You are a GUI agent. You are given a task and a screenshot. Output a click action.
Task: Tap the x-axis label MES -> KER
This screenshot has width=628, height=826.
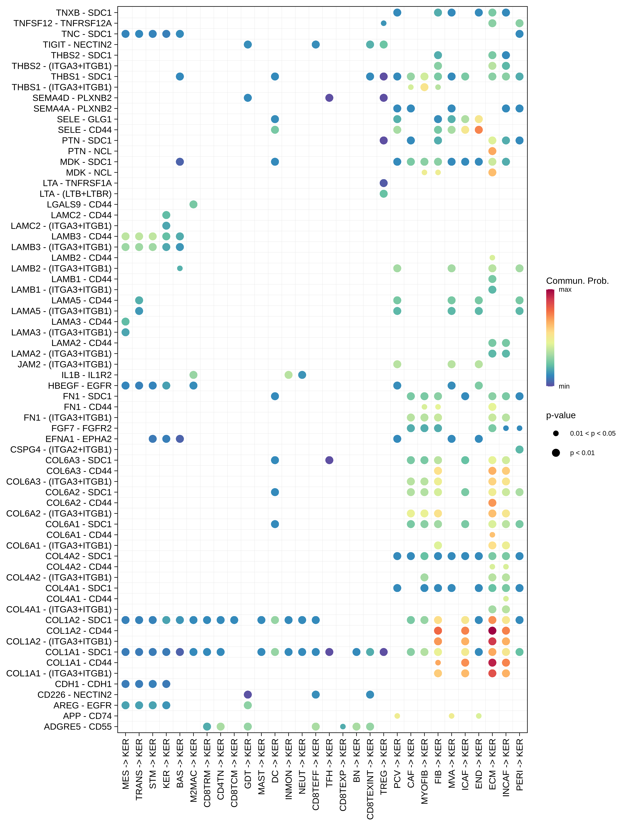(126, 764)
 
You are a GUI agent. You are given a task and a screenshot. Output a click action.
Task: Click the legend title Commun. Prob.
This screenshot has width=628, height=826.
(577, 281)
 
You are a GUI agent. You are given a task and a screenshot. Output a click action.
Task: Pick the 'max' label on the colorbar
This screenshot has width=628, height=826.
(565, 290)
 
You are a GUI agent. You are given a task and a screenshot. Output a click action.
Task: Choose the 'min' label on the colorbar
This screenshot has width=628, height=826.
(564, 386)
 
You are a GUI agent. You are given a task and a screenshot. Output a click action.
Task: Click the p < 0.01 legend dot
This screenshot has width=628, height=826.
(556, 453)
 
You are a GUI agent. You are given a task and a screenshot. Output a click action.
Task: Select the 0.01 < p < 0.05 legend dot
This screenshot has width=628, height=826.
(556, 433)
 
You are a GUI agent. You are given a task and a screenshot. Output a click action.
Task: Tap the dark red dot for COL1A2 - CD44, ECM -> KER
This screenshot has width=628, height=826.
(492, 631)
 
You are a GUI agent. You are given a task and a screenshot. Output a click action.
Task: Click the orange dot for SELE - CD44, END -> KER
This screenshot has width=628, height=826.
(478, 130)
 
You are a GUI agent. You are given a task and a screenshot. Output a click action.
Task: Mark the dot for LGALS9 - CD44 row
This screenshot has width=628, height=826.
(193, 204)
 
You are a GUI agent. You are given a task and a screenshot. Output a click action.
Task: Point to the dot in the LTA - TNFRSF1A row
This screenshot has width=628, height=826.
(384, 183)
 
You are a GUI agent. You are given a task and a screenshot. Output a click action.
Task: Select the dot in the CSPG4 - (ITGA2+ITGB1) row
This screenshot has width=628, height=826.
(519, 449)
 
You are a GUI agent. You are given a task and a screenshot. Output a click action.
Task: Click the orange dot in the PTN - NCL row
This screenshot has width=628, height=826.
(492, 151)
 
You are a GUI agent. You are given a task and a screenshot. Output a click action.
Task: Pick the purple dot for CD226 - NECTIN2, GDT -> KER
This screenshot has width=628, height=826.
(247, 694)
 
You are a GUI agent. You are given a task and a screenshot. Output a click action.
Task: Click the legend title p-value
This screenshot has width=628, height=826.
(561, 415)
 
